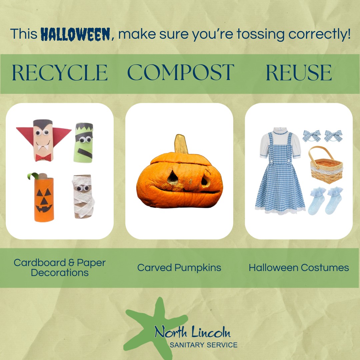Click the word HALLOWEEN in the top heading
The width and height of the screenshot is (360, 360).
click(76, 34)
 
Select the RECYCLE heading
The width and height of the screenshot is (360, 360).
click(60, 73)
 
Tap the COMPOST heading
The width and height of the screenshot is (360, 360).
click(181, 72)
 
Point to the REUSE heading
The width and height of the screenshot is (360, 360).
click(299, 73)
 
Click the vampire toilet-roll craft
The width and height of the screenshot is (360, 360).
click(44, 140)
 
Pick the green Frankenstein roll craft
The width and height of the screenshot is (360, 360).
click(84, 143)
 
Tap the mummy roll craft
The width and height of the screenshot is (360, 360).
click(83, 196)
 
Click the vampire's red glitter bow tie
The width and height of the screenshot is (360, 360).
click(43, 158)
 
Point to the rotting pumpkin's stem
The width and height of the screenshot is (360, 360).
click(181, 144)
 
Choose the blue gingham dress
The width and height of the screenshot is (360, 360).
click(280, 171)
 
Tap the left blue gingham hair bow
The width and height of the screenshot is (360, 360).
click(312, 136)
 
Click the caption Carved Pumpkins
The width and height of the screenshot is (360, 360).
click(179, 268)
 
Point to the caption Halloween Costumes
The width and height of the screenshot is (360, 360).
click(299, 268)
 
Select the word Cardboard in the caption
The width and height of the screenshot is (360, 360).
click(40, 263)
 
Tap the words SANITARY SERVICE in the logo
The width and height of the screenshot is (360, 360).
click(204, 345)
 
